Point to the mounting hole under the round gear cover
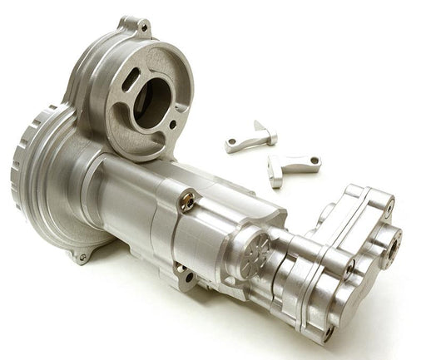[x=82, y=258]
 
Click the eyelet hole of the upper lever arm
[x=233, y=145]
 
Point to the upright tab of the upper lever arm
[x=265, y=130]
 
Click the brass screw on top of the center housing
[x=189, y=200]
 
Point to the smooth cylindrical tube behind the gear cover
[x=125, y=191]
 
